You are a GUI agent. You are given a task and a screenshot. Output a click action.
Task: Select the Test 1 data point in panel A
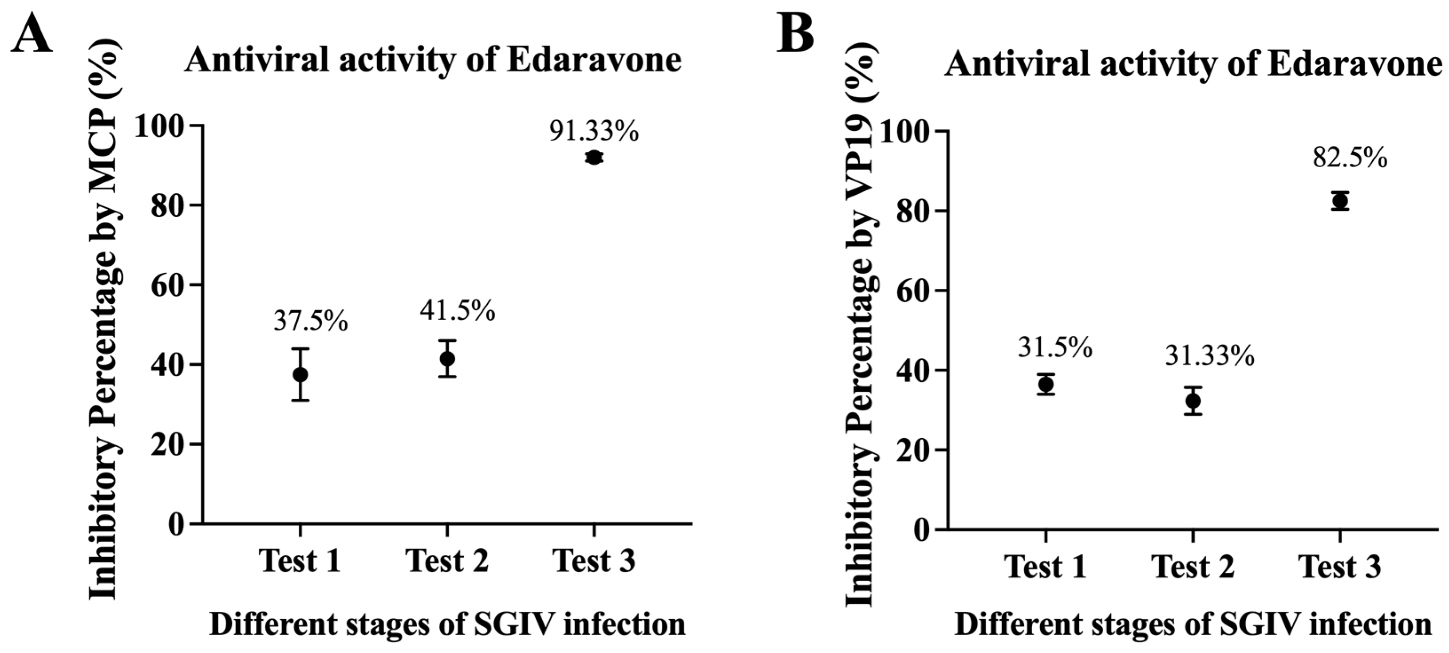click(x=300, y=374)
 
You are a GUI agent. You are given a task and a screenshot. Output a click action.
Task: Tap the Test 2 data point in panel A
click(x=447, y=358)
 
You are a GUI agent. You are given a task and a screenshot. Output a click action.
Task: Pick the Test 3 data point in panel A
click(x=593, y=158)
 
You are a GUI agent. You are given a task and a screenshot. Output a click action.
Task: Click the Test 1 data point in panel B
click(x=1046, y=385)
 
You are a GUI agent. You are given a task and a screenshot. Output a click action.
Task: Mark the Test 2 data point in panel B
click(x=1192, y=401)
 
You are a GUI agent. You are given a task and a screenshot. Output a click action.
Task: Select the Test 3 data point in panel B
click(x=1340, y=201)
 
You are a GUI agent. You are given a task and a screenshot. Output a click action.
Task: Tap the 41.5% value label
click(x=457, y=311)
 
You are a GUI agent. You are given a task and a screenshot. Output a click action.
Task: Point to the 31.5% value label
click(x=1055, y=348)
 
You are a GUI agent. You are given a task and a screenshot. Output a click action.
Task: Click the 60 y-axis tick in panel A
click(x=169, y=285)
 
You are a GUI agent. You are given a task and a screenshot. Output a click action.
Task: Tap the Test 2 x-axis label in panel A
click(x=447, y=561)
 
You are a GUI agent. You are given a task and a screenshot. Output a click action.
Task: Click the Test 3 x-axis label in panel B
click(x=1340, y=566)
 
